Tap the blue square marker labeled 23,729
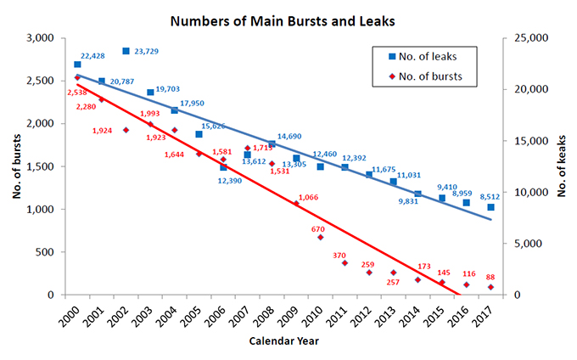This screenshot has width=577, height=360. coord(126,52)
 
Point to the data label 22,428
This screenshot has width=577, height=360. coord(93,56)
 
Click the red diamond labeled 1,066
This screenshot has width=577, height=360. coord(296,204)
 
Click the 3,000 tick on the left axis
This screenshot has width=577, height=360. coord(40,38)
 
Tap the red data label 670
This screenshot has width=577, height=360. coord(318,229)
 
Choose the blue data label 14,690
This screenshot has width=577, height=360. coord(289,136)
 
